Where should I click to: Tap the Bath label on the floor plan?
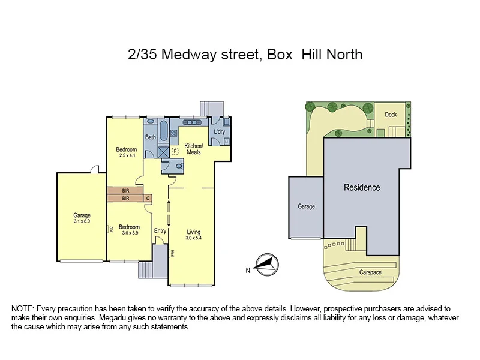click(150, 137)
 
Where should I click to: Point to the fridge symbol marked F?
click(175, 152)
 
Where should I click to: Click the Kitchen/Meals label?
click(194, 149)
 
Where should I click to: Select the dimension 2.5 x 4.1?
click(127, 156)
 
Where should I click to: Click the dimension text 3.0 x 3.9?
click(129, 233)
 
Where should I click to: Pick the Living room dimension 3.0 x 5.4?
click(193, 238)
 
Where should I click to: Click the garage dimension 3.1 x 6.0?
click(82, 221)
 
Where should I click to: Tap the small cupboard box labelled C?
click(148, 197)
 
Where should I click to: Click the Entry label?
click(160, 231)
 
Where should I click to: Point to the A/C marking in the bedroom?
click(110, 229)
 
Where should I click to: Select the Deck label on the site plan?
click(391, 115)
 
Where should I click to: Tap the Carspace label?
click(370, 272)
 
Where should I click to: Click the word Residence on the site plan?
click(362, 188)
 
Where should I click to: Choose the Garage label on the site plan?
click(306, 206)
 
